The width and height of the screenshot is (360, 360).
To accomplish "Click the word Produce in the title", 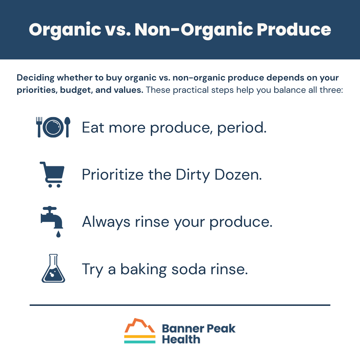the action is click(x=294, y=30).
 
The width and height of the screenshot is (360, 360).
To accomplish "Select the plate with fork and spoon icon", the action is click(x=53, y=127).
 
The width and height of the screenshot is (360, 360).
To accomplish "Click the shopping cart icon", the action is click(x=52, y=174).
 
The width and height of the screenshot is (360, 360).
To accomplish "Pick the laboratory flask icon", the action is click(x=53, y=268).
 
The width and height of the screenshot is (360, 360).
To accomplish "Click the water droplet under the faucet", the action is click(x=58, y=234).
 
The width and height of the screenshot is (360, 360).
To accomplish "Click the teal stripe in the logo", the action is click(x=140, y=342).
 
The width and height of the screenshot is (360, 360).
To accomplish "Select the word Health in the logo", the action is click(x=181, y=339).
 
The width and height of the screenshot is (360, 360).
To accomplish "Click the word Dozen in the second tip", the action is click(x=238, y=175).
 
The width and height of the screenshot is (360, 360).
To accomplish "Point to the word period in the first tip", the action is click(x=242, y=128).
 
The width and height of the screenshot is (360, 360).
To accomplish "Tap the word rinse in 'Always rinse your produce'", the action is click(x=152, y=222).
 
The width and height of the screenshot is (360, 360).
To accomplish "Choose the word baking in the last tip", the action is click(x=143, y=270).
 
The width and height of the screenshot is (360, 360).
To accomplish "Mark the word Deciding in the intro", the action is click(x=36, y=78).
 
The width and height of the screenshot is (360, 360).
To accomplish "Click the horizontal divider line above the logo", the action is click(x=180, y=305).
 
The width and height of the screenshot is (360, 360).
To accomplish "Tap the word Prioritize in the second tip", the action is click(x=113, y=175).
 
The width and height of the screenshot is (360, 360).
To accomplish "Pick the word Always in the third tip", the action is click(x=106, y=222).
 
